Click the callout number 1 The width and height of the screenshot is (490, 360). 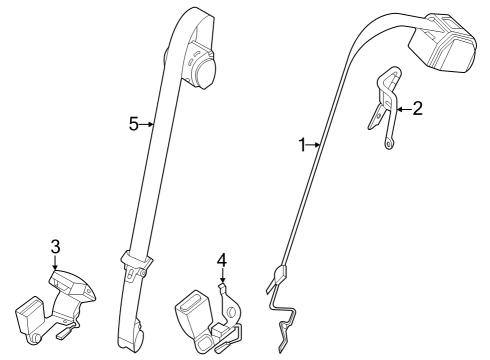[302, 145]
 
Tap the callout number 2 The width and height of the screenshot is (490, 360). [418, 109]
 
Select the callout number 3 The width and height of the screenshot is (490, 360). [55, 246]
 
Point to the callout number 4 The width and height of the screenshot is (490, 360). [222, 262]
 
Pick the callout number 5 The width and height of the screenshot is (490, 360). [133, 124]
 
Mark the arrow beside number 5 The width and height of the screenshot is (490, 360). [148, 124]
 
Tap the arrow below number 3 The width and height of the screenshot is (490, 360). [55, 262]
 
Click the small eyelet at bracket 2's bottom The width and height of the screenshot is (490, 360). [387, 147]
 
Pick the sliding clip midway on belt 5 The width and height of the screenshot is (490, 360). [132, 265]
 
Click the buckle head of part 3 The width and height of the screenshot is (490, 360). [72, 287]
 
